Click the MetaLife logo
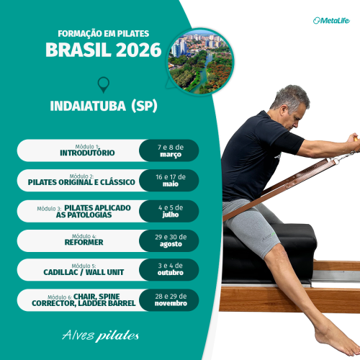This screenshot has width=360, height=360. (x=331, y=20)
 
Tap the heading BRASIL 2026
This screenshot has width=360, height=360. (x=104, y=50)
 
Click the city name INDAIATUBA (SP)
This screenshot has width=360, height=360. (x=104, y=106)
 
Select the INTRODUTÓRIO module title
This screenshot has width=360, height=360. (x=87, y=153)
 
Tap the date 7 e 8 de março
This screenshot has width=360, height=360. (x=169, y=150)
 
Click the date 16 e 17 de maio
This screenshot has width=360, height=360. (x=171, y=180)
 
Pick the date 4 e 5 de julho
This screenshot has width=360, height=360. (x=171, y=210)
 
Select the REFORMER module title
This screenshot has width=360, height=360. (x=88, y=242)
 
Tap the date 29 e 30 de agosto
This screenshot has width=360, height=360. (x=171, y=240)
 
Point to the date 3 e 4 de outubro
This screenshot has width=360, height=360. (x=171, y=269)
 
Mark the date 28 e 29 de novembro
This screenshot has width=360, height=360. (x=171, y=300)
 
